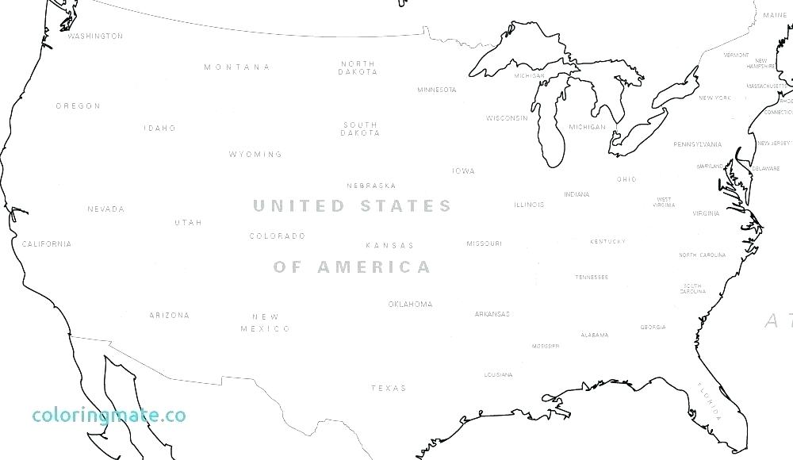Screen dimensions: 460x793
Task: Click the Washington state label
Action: (95, 36)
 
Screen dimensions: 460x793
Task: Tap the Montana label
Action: (236, 67)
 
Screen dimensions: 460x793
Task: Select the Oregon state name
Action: (78, 105)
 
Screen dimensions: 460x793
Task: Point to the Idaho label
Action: (159, 128)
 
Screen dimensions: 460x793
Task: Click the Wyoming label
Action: (255, 154)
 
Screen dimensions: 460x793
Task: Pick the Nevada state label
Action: (105, 209)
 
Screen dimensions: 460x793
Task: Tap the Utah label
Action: (188, 223)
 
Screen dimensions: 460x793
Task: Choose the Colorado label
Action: (277, 236)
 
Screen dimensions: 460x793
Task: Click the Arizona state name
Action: (169, 316)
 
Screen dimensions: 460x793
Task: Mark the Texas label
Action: (389, 388)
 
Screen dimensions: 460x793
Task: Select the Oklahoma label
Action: (410, 305)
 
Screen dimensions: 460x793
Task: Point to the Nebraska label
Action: (371, 186)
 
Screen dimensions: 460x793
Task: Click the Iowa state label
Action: (463, 171)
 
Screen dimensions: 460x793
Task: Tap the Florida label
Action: (709, 401)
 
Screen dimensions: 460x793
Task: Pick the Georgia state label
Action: (653, 328)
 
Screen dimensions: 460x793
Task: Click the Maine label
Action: (775, 15)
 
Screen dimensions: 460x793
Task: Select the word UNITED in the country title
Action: (299, 206)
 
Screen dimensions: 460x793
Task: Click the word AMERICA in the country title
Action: (374, 267)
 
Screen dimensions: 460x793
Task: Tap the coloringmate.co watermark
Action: (109, 416)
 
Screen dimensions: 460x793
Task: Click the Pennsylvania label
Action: (697, 144)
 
